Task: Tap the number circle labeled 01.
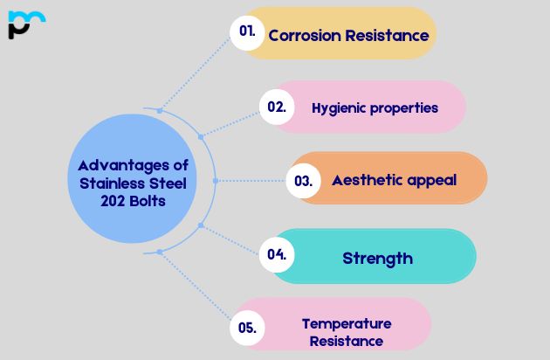coord(247,31)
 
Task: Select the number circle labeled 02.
coord(276,107)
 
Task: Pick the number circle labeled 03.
coord(303,181)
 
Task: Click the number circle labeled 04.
coord(277,255)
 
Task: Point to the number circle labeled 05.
coord(246,328)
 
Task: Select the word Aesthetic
coord(365,181)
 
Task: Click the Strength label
coord(377,258)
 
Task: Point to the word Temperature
coord(347,323)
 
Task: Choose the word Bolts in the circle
coord(147,201)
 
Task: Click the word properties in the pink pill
coord(404,109)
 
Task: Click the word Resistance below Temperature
coord(347,341)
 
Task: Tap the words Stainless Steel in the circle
coord(133,183)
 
